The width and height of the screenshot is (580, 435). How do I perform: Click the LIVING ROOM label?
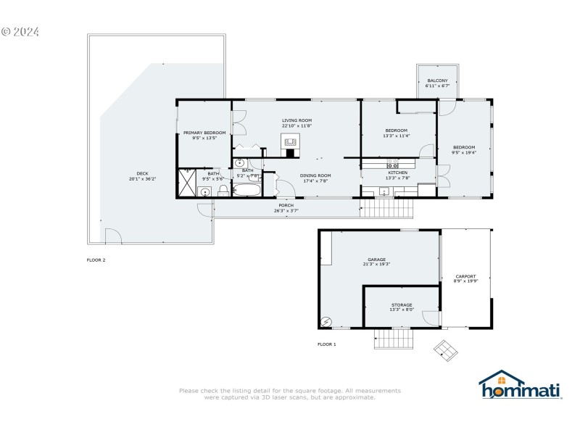pos(297,120)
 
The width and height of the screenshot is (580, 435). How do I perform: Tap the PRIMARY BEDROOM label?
pos(204,133)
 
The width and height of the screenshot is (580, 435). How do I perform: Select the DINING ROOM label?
pos(316,175)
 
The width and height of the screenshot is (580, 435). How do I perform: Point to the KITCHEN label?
pos(397,173)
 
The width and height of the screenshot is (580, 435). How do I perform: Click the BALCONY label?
pos(437,80)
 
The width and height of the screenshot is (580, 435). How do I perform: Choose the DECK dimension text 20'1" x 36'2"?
pos(142,178)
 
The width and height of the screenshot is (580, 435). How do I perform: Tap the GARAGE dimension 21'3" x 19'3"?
pos(376,264)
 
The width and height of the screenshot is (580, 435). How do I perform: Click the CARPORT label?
pos(465,275)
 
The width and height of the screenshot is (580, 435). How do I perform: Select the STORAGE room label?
pos(402,304)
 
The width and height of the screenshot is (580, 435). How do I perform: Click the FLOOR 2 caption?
pos(96,259)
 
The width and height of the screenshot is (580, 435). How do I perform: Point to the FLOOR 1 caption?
pos(327,344)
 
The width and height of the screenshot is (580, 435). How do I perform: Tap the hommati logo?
pos(521,385)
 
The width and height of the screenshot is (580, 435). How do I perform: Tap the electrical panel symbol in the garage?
pos(326,321)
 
